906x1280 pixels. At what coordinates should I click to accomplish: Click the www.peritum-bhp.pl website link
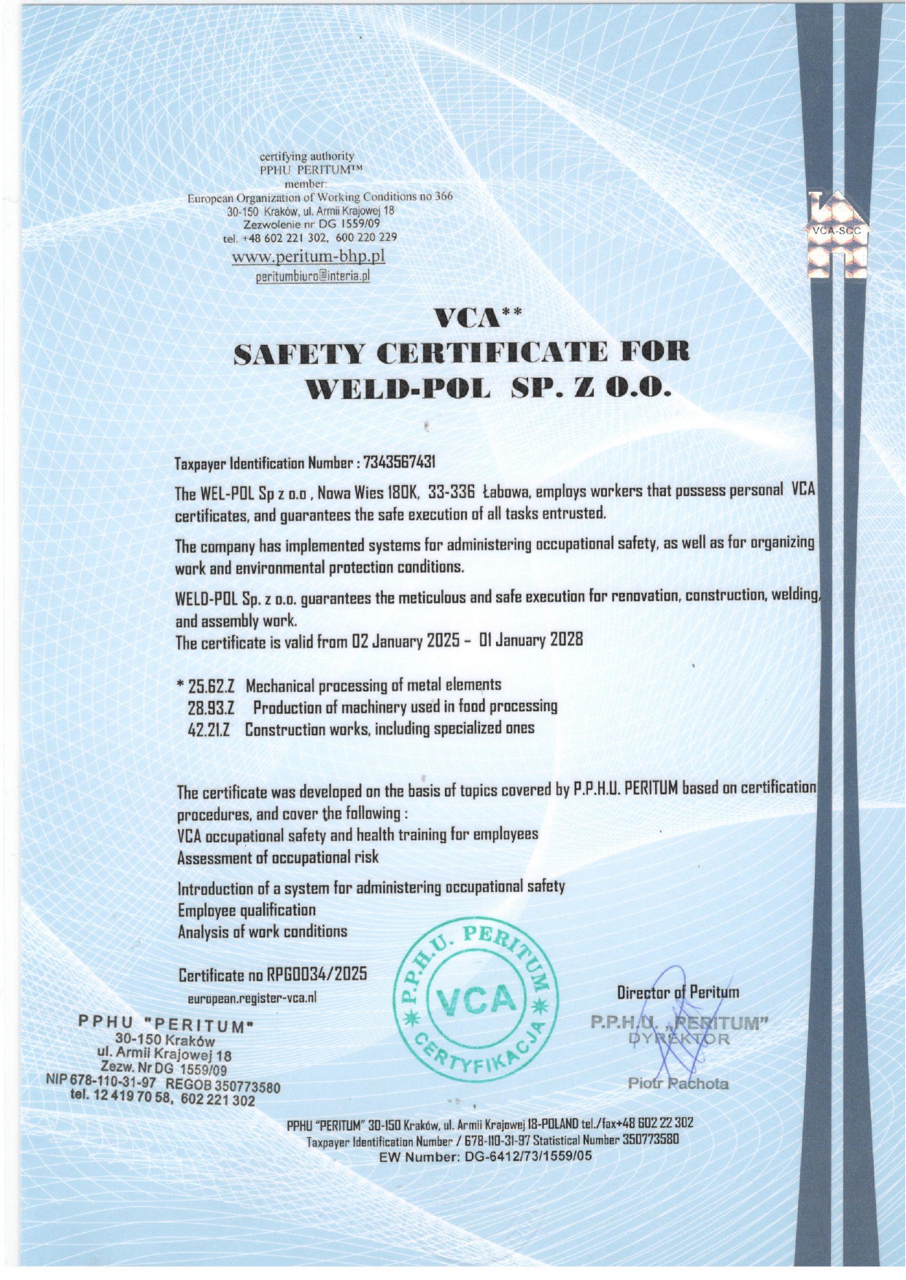[308, 257]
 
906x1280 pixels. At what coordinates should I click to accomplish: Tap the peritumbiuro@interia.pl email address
[313, 276]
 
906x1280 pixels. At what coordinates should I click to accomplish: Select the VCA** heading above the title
[478, 318]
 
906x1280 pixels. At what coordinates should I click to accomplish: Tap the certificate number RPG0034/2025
[317, 974]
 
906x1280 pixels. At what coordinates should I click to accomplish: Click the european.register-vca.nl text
[252, 998]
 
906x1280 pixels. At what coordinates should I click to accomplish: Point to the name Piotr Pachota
[678, 1083]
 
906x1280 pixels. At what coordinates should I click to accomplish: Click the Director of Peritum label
[678, 992]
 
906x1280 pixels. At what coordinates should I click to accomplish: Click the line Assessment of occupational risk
[278, 857]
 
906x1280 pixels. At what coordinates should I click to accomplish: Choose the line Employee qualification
[247, 910]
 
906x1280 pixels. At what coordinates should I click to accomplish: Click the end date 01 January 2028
[531, 640]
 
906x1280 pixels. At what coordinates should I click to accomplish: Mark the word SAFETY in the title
[298, 353]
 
